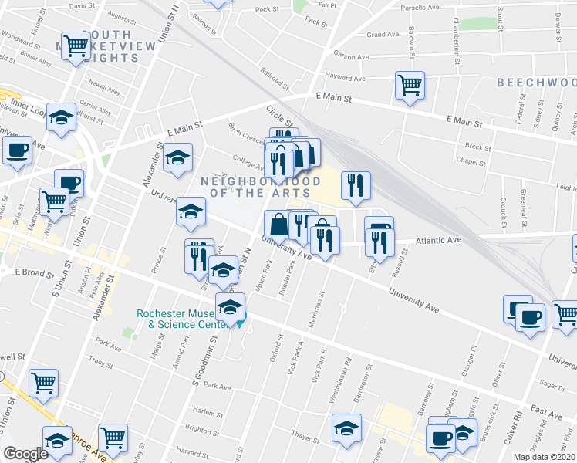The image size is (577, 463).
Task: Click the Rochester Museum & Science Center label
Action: pyautogui.click(x=182, y=319)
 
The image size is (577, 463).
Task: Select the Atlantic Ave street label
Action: pyautogui.click(x=438, y=240)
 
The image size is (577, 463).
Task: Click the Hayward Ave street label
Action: pyautogui.click(x=344, y=78)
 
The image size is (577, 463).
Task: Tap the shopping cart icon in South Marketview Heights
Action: pyautogui.click(x=76, y=46)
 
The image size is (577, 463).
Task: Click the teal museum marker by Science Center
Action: pyautogui.click(x=239, y=323)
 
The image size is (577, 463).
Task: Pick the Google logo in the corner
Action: pyautogui.click(x=25, y=454)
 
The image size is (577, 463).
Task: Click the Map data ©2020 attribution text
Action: pyautogui.click(x=545, y=457)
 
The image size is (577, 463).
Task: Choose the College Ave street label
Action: pyautogui.click(x=248, y=163)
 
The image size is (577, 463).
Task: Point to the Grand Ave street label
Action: pyautogui.click(x=383, y=35)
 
